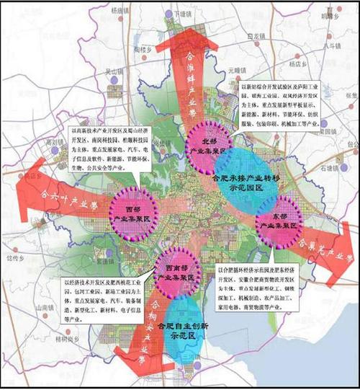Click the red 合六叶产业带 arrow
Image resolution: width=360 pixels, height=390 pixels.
(x=58, y=195)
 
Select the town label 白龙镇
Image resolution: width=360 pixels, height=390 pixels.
(x=256, y=35)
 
